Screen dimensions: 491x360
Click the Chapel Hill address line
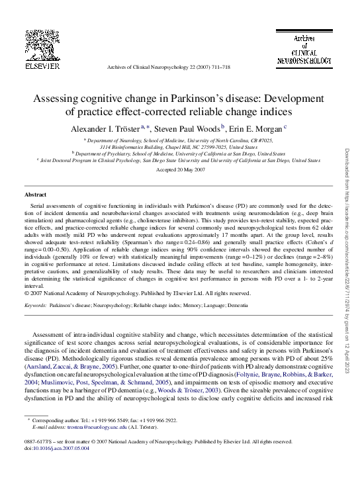point(179,147)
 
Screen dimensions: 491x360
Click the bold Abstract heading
point(35,195)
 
